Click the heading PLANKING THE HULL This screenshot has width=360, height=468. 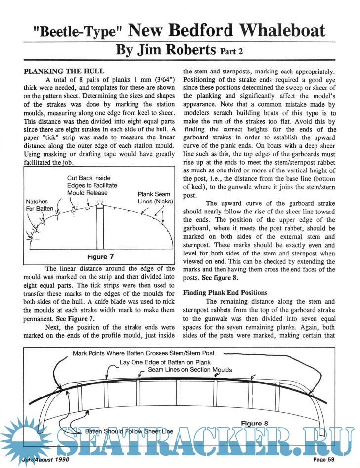pos(64,71)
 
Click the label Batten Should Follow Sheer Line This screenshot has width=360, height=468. pos(129,431)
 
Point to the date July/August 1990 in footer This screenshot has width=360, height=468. pos(45,460)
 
